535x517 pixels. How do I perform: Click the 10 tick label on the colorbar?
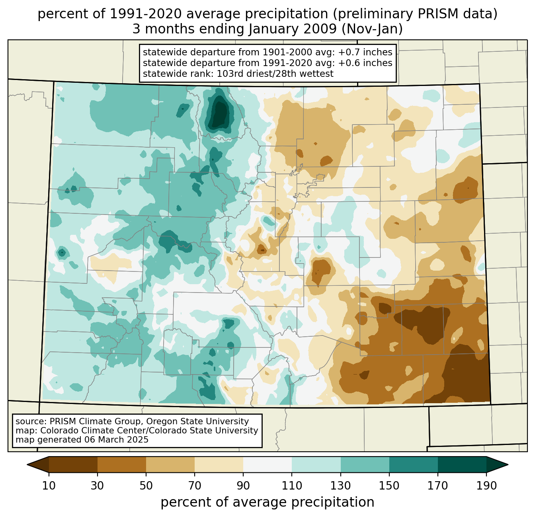point(49,486)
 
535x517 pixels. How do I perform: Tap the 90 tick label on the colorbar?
point(243,486)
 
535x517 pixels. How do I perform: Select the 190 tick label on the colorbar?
point(486,486)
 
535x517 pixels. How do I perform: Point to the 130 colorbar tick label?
point(341,486)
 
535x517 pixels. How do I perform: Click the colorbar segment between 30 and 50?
point(122,464)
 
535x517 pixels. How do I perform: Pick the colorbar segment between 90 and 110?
point(267,464)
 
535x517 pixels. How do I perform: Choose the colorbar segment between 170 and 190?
point(462,464)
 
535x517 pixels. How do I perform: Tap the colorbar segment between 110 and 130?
point(316,464)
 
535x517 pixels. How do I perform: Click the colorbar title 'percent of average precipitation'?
point(267,502)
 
